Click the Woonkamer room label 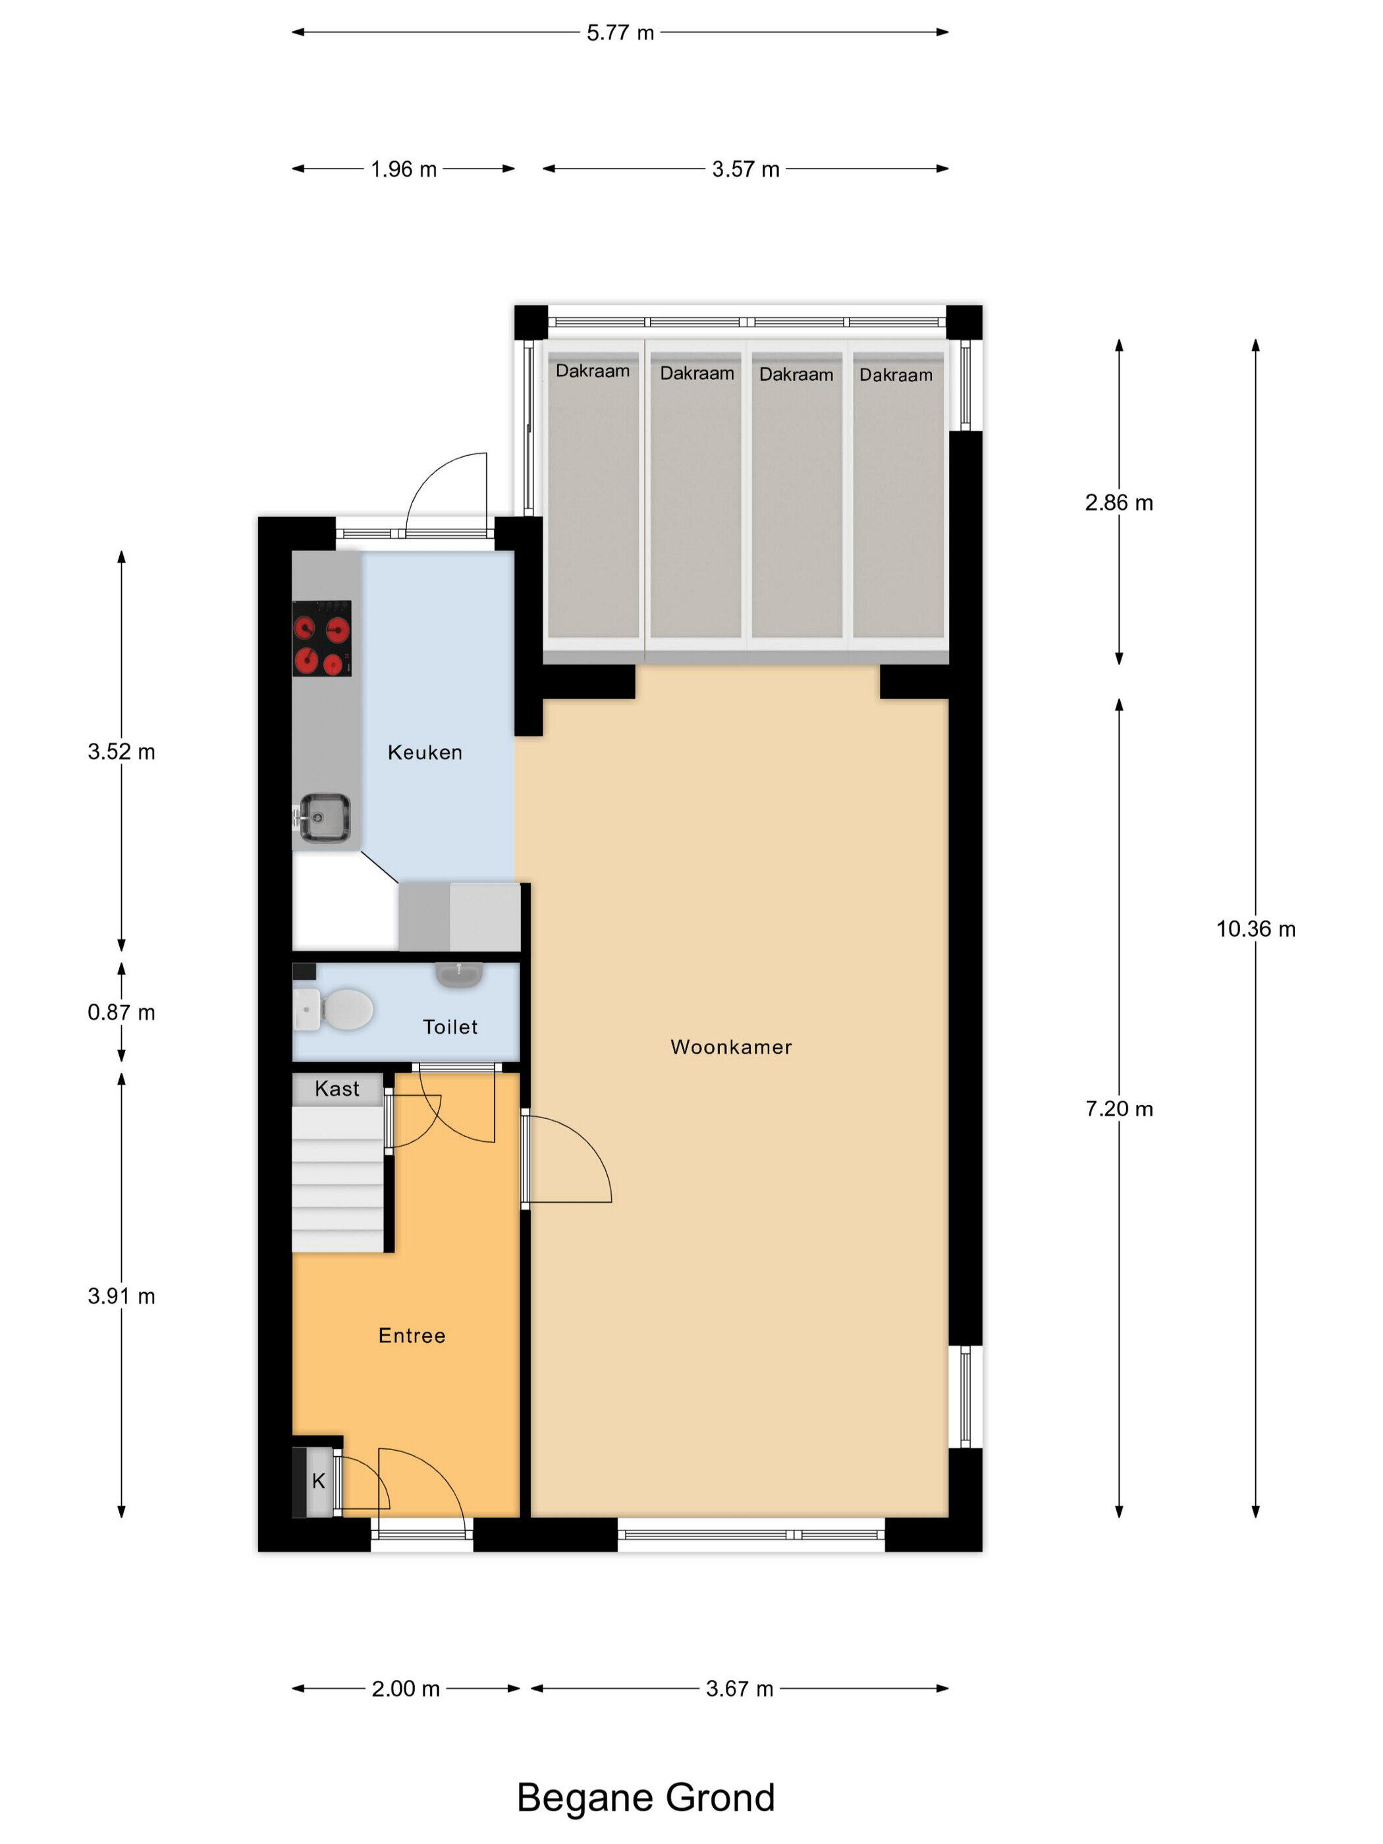click(x=731, y=1047)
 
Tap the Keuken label click(x=425, y=753)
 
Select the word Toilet click(x=450, y=1027)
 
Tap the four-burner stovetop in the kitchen click(x=322, y=639)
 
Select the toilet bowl click(x=333, y=1010)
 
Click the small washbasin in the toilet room click(x=458, y=975)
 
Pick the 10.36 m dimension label click(x=1255, y=929)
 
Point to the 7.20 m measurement click(x=1119, y=1109)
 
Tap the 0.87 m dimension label click(x=122, y=1013)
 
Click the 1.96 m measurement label click(x=404, y=169)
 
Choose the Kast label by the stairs click(x=337, y=1089)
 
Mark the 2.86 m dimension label click(x=1119, y=502)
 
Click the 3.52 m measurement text click(x=122, y=752)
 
